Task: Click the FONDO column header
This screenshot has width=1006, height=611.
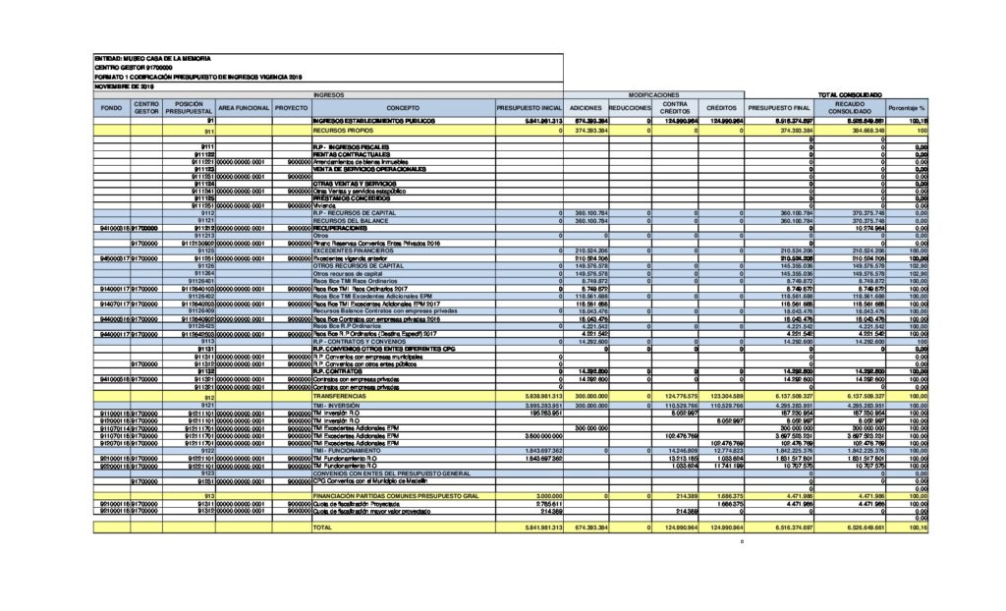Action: click(111, 106)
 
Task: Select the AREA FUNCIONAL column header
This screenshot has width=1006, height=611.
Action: click(243, 106)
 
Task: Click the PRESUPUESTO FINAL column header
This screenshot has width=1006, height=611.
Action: click(779, 106)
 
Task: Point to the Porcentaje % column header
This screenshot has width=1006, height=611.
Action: click(906, 106)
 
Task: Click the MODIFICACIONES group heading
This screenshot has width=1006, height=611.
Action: click(654, 94)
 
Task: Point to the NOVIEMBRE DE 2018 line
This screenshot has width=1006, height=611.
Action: click(126, 85)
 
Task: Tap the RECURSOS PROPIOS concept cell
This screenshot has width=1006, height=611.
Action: click(343, 130)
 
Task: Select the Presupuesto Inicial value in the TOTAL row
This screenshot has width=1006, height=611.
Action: click(530, 528)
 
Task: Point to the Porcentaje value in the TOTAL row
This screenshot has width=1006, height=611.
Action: click(919, 528)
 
